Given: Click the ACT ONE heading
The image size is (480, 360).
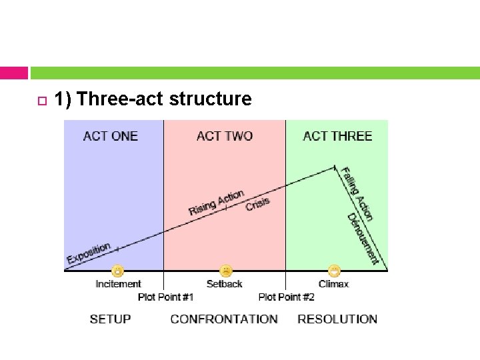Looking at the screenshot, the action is click(111, 136).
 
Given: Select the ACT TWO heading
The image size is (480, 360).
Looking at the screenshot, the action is click(225, 136).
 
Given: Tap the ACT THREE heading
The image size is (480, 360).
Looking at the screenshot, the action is click(337, 136).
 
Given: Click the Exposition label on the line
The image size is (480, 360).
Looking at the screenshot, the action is click(89, 253).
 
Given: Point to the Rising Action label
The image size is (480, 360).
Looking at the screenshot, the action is click(216, 202).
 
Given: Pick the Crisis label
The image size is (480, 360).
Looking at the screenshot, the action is click(258, 204).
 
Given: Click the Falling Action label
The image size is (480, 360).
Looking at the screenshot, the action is click(357, 193).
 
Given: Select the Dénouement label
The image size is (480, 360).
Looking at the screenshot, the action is click(363, 239).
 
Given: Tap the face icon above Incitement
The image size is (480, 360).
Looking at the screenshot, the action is click(117, 271).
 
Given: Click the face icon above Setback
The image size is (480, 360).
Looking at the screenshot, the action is click(227, 271).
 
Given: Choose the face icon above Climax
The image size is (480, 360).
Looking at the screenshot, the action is click(334, 271).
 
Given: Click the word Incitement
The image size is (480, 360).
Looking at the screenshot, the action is click(119, 284).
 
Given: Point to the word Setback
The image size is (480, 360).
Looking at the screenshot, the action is click(225, 284).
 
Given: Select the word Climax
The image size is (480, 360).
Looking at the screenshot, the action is click(333, 284).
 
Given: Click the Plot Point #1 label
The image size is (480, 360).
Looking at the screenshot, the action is click(166, 297).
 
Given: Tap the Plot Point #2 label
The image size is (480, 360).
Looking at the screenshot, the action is click(286, 297).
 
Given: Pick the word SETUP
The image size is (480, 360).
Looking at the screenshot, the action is click(111, 319).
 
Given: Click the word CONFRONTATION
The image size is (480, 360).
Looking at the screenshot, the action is click(224, 319).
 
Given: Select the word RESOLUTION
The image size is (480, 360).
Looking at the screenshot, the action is click(337, 319).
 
